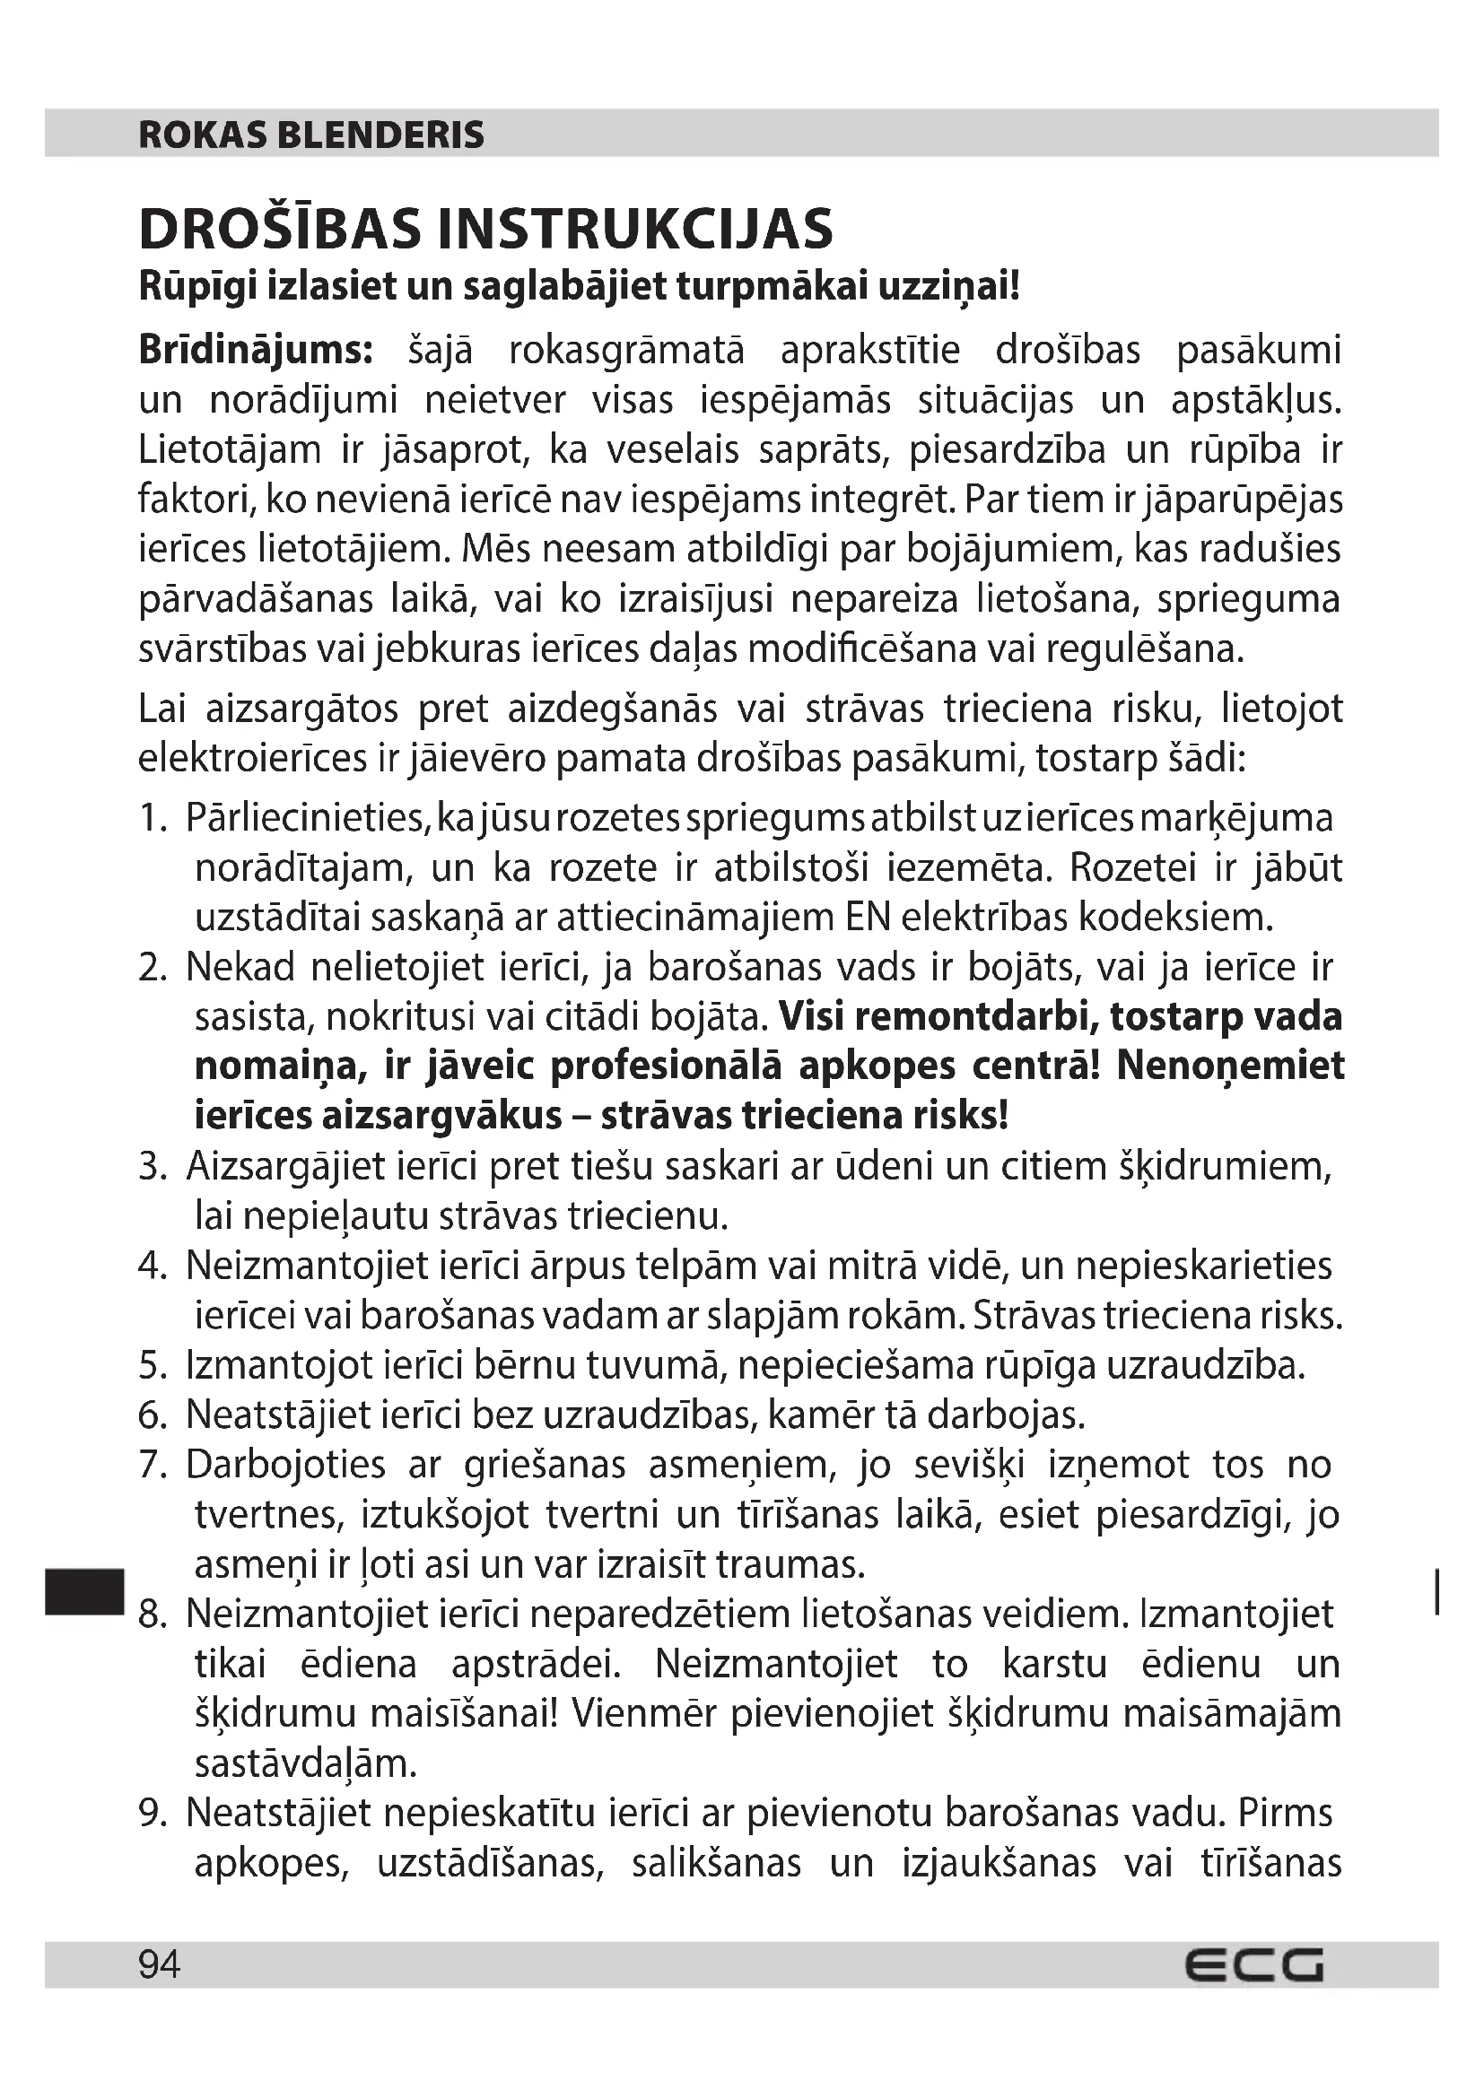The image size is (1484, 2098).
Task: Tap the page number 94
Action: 160,1964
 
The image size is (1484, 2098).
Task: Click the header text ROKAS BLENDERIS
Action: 310,135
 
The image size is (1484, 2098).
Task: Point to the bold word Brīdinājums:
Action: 256,351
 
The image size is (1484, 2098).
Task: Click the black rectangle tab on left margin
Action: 83,1591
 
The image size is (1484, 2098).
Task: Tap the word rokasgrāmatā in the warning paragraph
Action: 626,351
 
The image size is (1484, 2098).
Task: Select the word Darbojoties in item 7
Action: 286,1465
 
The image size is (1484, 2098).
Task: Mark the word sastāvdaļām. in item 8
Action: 305,1763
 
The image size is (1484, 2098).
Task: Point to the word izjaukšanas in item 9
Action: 999,1863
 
